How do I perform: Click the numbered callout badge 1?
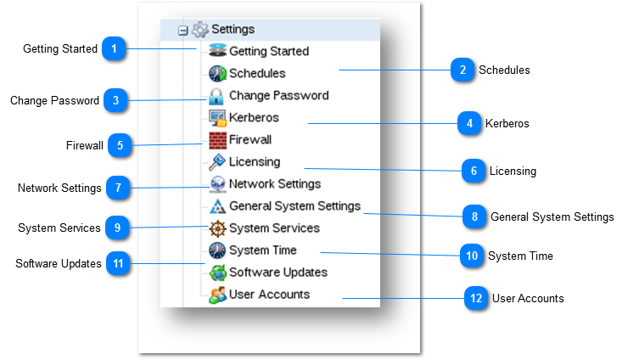[x=114, y=48]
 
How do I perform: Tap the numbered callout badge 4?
[x=468, y=123]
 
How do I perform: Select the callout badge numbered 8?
[x=474, y=217]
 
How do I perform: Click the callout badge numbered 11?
[x=118, y=263]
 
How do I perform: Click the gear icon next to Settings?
[x=200, y=30]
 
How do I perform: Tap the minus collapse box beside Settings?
[x=182, y=31]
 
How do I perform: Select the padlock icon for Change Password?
[x=216, y=95]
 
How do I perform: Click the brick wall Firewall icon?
[x=217, y=140]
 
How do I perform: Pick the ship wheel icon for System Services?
[x=217, y=228]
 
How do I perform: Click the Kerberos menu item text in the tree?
[x=254, y=117]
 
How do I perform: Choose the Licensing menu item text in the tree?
[x=254, y=161]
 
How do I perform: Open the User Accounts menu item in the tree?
[x=269, y=295]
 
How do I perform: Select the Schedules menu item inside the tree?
[x=257, y=73]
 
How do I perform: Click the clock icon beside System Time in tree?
[x=217, y=250]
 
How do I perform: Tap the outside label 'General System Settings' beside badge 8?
[x=552, y=217]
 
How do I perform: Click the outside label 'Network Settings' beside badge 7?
[x=59, y=188]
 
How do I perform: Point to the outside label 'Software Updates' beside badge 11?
[x=59, y=263]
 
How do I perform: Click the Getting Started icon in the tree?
[x=217, y=51]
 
